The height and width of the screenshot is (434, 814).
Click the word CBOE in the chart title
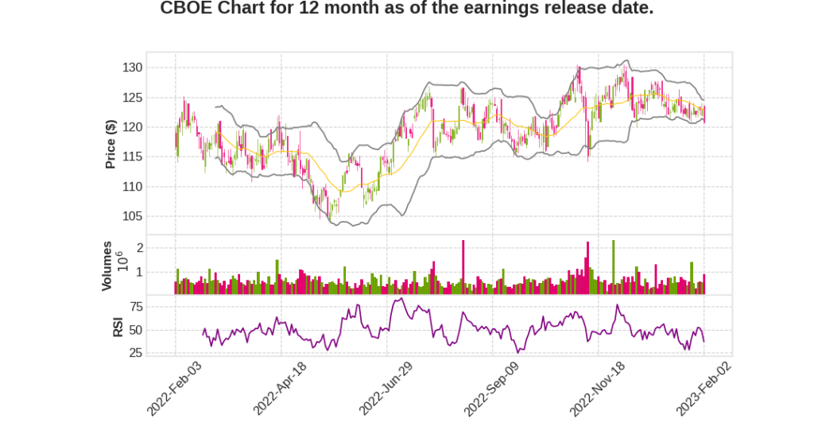[x=186, y=9]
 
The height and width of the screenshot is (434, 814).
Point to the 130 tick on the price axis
[x=133, y=68]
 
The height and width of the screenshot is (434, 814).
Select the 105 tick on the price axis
[x=133, y=216]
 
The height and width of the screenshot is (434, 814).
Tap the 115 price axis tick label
[x=133, y=157]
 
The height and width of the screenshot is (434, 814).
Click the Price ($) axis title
[x=111, y=143]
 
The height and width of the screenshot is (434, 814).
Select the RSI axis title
[x=118, y=327]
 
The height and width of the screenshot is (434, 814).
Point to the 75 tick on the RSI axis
[x=136, y=306]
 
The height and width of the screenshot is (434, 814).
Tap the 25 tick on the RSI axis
[x=136, y=352]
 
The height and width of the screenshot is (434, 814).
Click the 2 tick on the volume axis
[x=139, y=248]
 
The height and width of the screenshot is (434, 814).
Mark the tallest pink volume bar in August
[x=463, y=267]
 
